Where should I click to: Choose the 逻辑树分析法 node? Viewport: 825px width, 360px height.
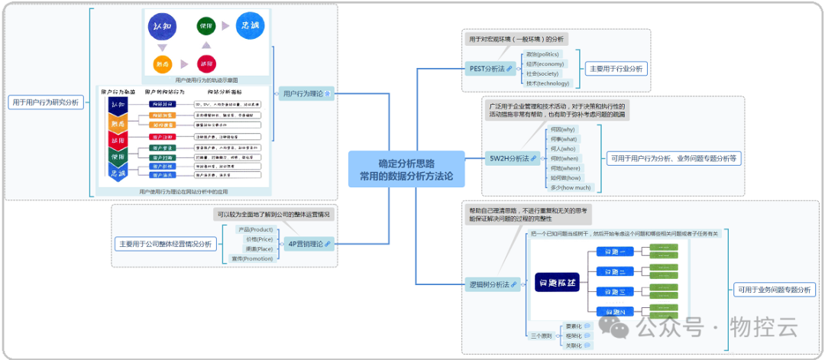[x=492, y=284]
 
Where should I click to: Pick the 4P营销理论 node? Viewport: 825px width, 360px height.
[x=309, y=244]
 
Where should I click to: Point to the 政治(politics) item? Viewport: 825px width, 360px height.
[x=542, y=54]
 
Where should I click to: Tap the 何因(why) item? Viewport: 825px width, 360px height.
[x=562, y=130]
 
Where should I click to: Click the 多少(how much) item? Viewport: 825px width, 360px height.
[x=571, y=187]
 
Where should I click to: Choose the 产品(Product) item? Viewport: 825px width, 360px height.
[x=255, y=229]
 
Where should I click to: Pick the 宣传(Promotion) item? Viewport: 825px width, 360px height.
[x=252, y=258]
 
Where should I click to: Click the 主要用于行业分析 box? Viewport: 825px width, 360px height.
[x=616, y=69]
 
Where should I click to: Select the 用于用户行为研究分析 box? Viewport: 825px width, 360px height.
[x=46, y=102]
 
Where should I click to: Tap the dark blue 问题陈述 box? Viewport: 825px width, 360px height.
[x=558, y=283]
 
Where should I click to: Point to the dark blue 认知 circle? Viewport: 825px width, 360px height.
[x=163, y=27]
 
